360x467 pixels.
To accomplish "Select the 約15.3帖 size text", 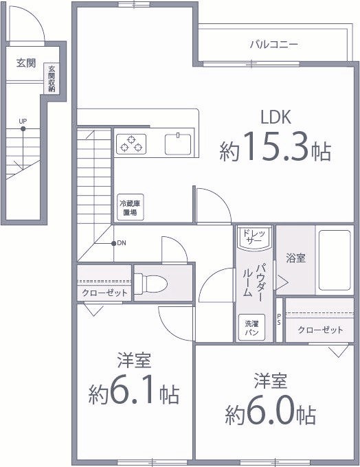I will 275,149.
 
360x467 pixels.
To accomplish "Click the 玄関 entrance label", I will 26,63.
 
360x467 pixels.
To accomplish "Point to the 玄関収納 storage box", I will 52,79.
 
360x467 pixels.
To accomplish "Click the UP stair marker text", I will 23,122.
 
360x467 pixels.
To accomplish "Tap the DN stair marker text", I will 122,243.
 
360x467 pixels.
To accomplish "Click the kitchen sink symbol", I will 178,144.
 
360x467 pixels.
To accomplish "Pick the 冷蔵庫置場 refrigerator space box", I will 128,208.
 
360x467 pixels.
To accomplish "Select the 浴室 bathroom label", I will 296,259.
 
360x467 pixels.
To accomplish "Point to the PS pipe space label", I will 278,319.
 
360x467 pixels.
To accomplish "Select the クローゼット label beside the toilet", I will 104,293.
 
